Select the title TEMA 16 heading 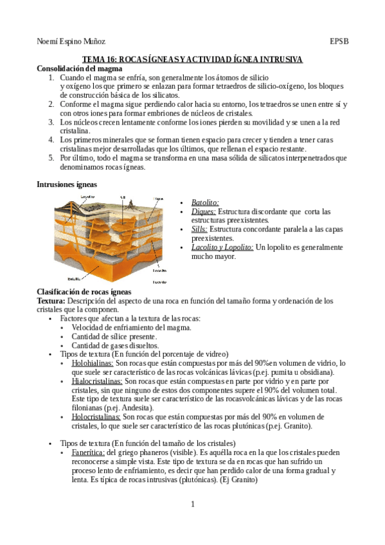pyautogui.click(x=192, y=59)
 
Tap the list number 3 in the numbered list pyautogui.click(x=51, y=121)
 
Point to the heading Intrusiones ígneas pyautogui.click(x=67, y=184)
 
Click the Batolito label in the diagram pyautogui.click(x=78, y=278)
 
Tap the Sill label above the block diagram pyautogui.click(x=122, y=197)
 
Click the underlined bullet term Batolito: pyautogui.click(x=205, y=202)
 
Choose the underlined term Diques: pyautogui.click(x=204, y=211)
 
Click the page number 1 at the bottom pyautogui.click(x=192, y=504)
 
